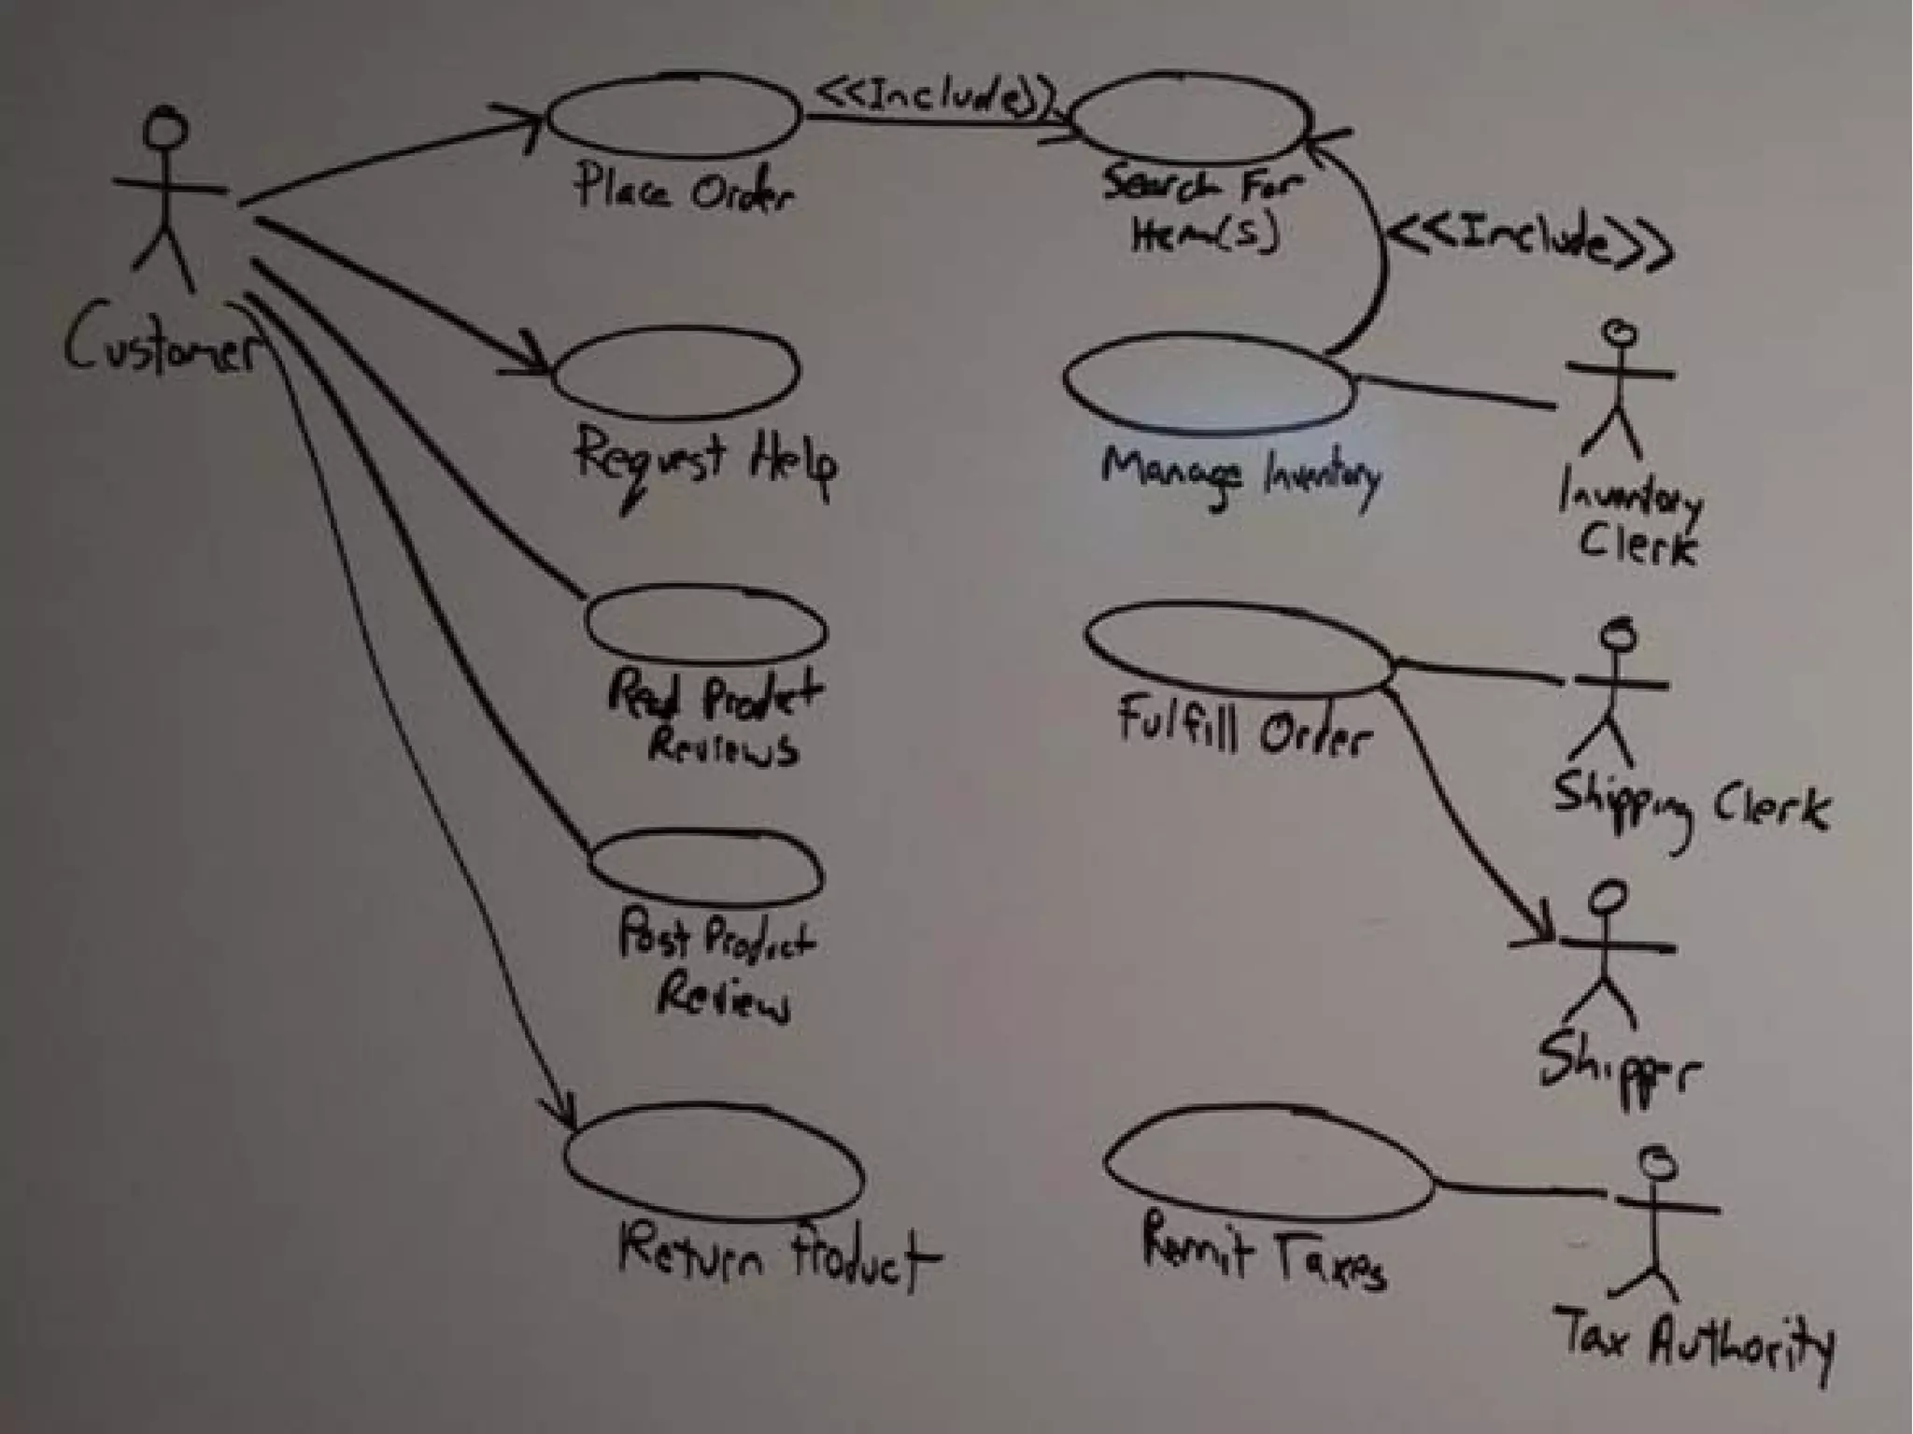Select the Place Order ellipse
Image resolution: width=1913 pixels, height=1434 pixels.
673,116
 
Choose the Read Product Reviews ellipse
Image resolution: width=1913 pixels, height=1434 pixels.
706,626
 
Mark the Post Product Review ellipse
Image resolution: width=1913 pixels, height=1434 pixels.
707,869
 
